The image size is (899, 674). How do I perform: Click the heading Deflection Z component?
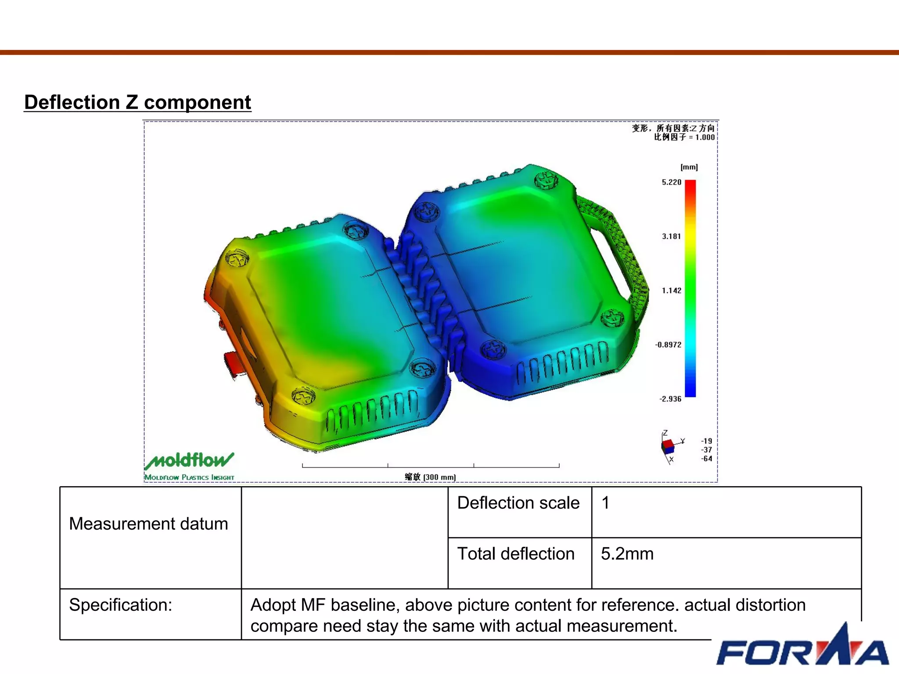(137, 102)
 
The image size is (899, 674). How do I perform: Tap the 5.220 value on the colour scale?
(671, 182)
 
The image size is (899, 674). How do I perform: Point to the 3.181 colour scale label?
(671, 237)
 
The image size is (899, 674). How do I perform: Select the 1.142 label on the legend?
(671, 290)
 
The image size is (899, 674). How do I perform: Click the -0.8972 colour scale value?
(668, 345)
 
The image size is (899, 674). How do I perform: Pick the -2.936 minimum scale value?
(670, 399)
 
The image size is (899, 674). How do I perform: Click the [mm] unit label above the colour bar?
(689, 167)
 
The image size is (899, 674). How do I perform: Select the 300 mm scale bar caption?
(430, 477)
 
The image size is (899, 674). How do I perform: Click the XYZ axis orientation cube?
(668, 446)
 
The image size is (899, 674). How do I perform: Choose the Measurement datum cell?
(148, 524)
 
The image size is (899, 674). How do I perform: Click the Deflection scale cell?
(518, 503)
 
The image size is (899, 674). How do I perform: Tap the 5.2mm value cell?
(627, 554)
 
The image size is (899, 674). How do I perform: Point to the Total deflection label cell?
(516, 554)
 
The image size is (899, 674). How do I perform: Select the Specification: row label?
(121, 605)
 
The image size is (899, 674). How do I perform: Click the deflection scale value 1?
(605, 503)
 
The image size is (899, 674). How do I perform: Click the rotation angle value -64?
(706, 459)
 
